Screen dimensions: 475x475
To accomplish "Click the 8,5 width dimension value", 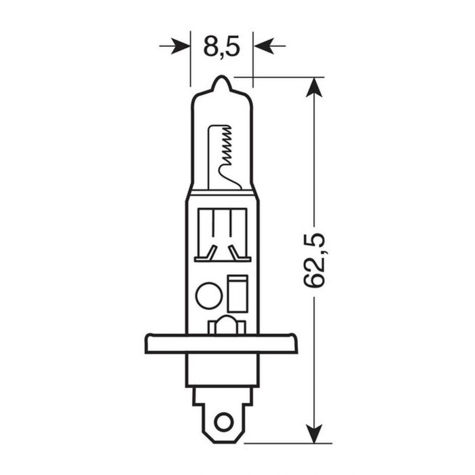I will [x=222, y=47].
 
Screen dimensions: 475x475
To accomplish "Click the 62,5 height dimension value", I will [x=314, y=260].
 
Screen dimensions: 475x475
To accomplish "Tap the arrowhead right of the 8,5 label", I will [x=263, y=46].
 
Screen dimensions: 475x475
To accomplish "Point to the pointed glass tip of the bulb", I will [x=221, y=83].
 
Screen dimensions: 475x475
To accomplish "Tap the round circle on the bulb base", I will [x=208, y=296].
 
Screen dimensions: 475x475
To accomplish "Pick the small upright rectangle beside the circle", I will [x=237, y=294].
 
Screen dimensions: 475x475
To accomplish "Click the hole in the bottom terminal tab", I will [x=222, y=421].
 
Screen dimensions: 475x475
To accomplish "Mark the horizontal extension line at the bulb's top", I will [x=285, y=77].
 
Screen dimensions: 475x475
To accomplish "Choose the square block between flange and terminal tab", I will [x=222, y=370].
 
